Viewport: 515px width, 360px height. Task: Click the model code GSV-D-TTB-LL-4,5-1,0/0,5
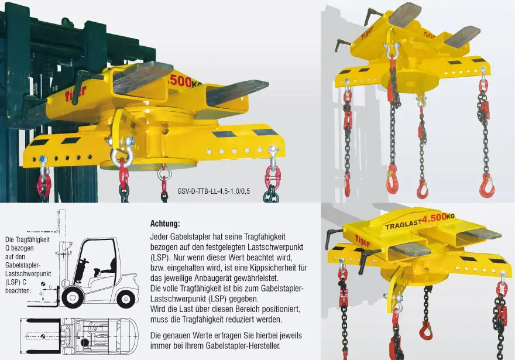[x=214, y=191]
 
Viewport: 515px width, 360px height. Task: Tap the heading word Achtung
[x=165, y=224]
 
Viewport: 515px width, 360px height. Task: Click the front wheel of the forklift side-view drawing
[x=71, y=297]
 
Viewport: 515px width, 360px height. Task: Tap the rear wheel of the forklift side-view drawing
[x=125, y=299]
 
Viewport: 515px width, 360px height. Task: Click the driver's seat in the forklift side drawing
[x=106, y=268]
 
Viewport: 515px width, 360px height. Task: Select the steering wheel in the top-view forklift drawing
[x=84, y=342]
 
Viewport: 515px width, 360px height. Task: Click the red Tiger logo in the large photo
[x=75, y=93]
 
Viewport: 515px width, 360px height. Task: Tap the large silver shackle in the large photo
[x=122, y=152]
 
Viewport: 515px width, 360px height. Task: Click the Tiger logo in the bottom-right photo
[x=362, y=241]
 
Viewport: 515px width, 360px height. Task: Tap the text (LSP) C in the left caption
[x=16, y=282]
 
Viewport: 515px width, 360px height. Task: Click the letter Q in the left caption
[x=8, y=248]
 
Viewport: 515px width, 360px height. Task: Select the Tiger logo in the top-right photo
[x=368, y=33]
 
